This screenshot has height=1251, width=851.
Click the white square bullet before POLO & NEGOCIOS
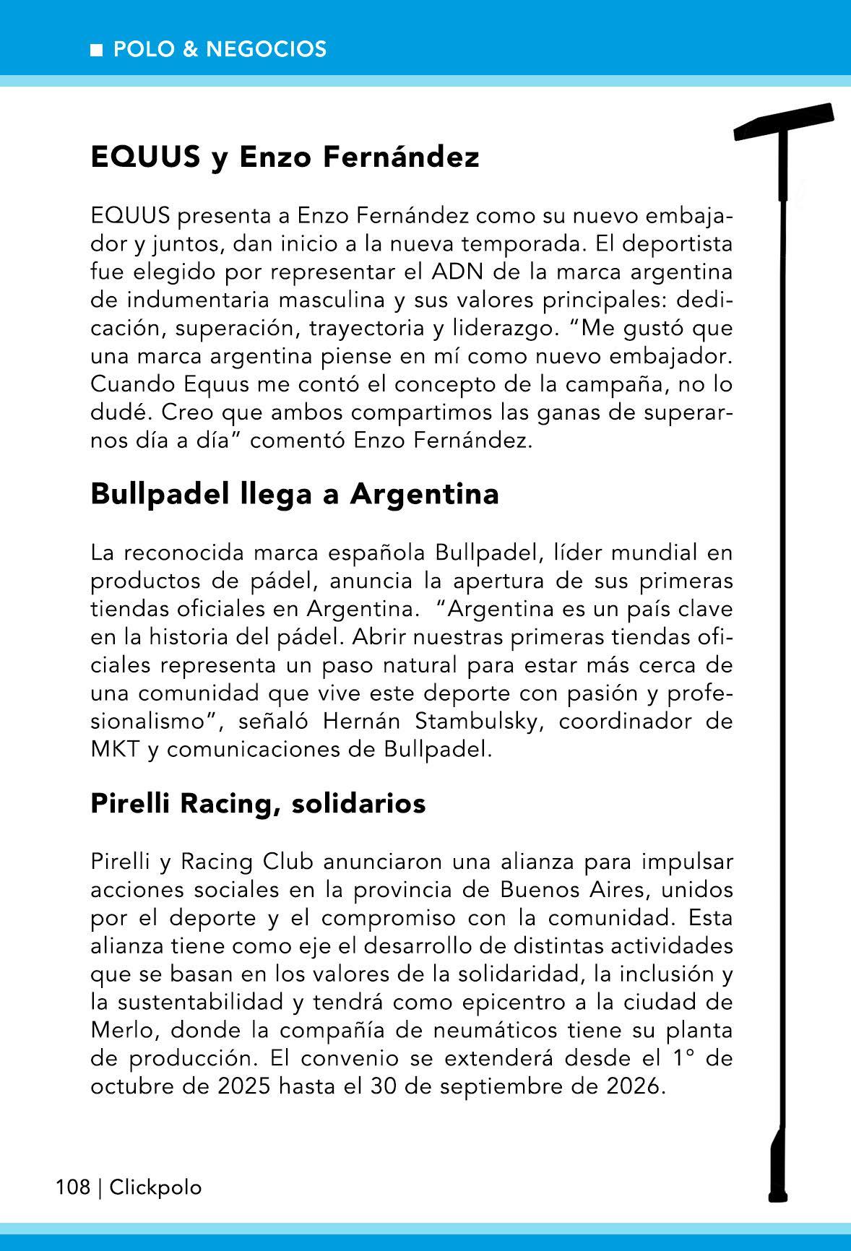(95, 50)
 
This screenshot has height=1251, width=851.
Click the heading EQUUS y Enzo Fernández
(285, 157)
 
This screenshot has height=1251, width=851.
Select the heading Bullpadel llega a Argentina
(295, 494)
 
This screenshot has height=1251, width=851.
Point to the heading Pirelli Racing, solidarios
(258, 803)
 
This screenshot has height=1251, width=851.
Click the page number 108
(73, 1187)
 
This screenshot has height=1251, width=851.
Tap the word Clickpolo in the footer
(156, 1187)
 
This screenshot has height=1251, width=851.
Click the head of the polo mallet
(784, 121)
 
